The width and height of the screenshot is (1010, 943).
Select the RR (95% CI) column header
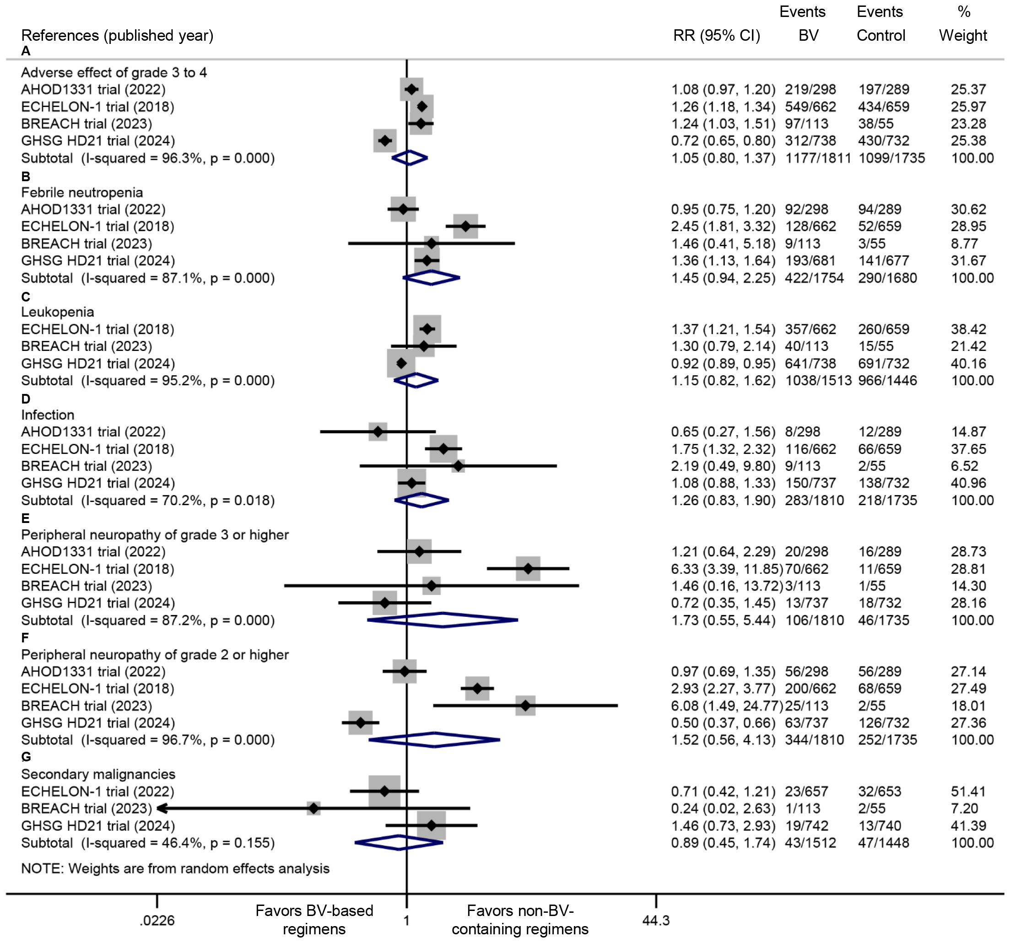tap(716, 35)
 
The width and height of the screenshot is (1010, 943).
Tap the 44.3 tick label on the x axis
tap(655, 920)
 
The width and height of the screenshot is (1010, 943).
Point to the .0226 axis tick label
tap(157, 920)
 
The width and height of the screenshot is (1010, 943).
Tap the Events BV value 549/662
tap(810, 107)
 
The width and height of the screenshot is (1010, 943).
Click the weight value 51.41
tap(968, 791)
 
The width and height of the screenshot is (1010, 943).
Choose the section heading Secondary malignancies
tap(98, 774)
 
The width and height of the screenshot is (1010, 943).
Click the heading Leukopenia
tap(57, 312)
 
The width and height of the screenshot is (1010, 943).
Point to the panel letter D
tap(26, 399)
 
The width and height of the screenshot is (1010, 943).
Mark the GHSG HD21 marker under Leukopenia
tap(401, 363)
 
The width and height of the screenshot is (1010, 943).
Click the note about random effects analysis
tap(175, 868)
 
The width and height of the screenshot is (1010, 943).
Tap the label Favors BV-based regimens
tap(314, 920)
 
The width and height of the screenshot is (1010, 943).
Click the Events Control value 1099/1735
tap(891, 158)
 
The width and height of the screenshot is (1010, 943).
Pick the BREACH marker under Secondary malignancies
tap(314, 808)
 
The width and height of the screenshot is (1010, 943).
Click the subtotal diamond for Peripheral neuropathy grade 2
tap(434, 739)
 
